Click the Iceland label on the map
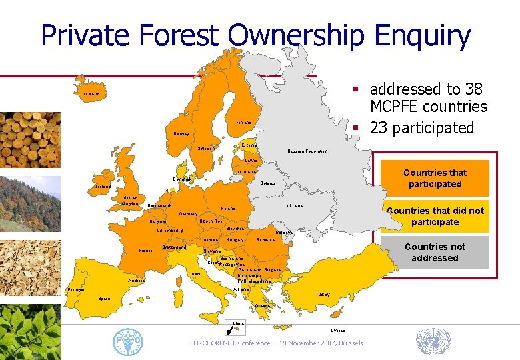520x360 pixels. (91, 94)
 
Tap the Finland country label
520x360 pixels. (243, 123)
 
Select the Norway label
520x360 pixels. (181, 134)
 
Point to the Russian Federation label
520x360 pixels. (307, 151)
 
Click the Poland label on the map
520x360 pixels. (228, 209)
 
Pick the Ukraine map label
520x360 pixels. (295, 206)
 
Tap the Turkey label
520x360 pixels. (323, 294)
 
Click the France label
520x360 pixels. (145, 251)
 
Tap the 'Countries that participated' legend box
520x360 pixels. (435, 178)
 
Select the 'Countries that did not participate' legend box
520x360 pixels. (435, 217)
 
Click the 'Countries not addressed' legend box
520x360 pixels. (435, 252)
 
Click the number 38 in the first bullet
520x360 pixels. (473, 89)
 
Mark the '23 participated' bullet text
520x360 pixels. (421, 127)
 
